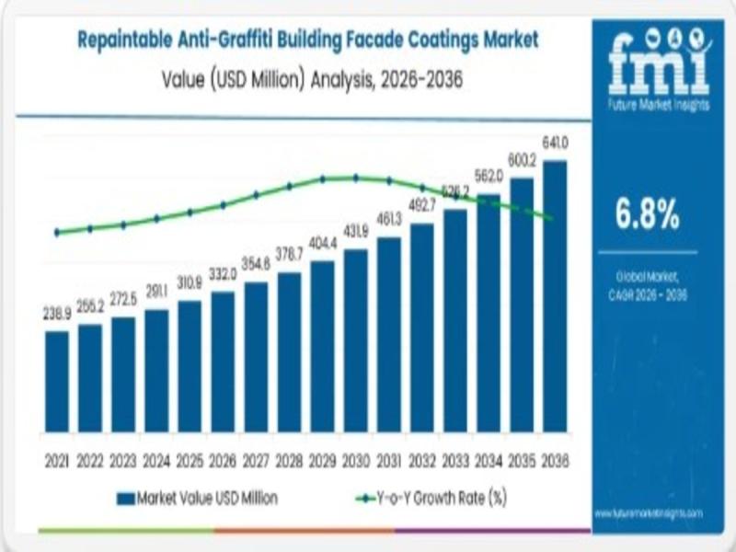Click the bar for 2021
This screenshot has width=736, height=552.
pos(56,381)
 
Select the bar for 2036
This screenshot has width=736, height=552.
pos(555,296)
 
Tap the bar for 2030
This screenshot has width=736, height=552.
pos(355,340)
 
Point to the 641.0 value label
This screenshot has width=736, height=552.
pos(555,143)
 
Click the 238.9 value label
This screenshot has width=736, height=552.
pos(57,314)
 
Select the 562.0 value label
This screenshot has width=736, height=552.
pos(489,176)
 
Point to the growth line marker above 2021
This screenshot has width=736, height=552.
pos(57,233)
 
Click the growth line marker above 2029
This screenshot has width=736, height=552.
pos(323,178)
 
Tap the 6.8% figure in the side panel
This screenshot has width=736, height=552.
pos(648,215)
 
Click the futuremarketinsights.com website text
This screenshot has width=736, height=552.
pos(649,512)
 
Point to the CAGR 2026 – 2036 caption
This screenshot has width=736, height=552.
pos(648,294)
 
